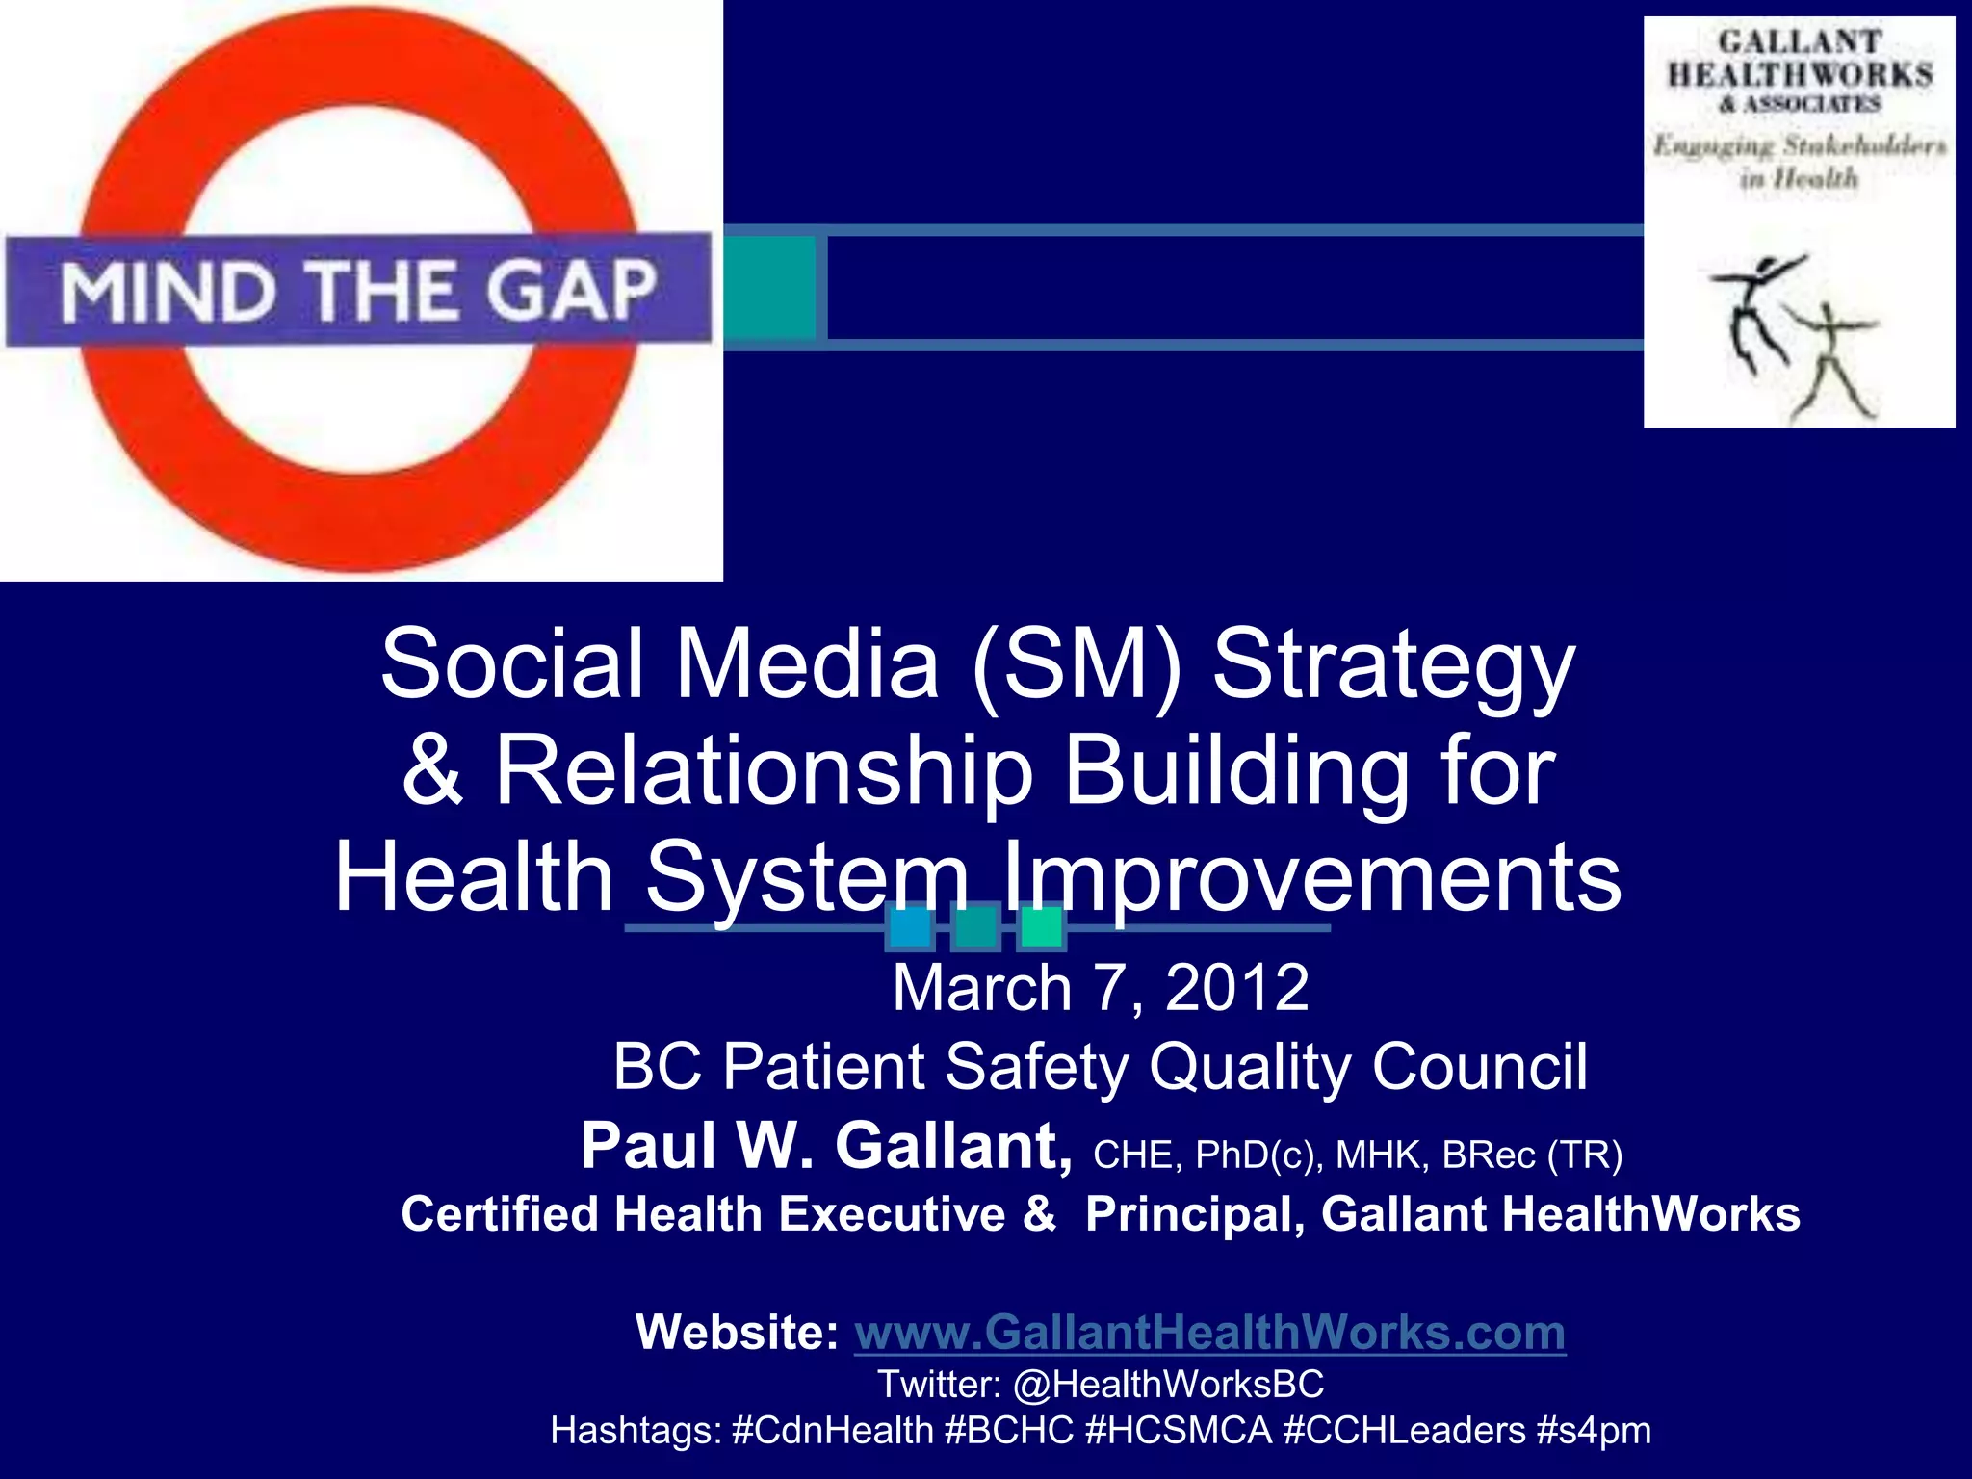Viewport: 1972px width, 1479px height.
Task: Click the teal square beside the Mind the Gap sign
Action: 770,287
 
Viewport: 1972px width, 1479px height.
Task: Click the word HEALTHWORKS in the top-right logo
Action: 1800,75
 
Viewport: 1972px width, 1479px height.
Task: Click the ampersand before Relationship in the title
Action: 433,770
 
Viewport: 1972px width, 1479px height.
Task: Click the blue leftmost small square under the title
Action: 909,927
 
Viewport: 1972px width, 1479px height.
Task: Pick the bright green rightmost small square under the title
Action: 1041,927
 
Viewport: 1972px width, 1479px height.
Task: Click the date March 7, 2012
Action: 1100,988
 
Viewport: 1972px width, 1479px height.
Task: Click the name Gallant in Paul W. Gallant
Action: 951,1146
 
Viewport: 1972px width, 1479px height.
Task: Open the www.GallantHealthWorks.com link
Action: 1209,1333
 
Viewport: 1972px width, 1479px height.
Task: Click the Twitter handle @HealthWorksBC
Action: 1168,1385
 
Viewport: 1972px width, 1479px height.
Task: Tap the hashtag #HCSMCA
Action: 1178,1431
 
